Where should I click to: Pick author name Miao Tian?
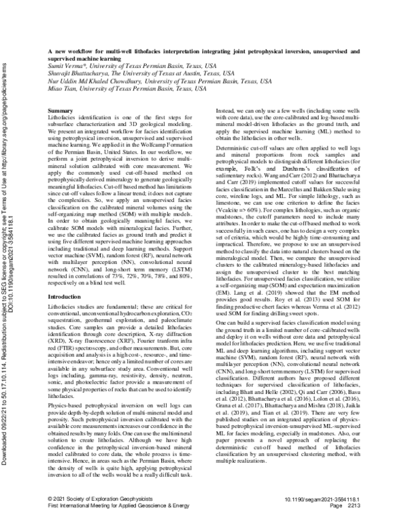pos(62,85)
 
